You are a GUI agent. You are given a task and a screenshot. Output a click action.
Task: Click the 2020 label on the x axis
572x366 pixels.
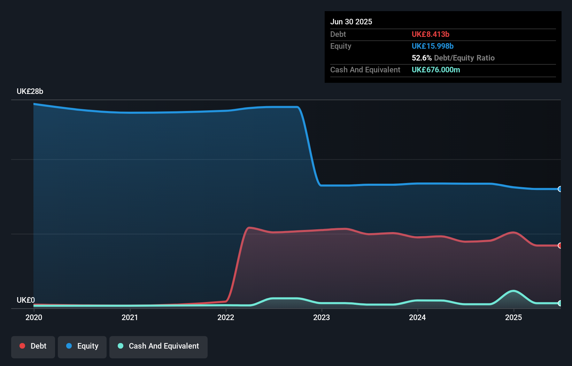click(34, 317)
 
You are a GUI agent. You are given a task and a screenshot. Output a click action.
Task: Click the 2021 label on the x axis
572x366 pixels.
click(130, 317)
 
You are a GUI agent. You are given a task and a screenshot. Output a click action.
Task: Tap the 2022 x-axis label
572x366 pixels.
click(226, 317)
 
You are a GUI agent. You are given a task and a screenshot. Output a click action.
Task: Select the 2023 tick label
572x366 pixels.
click(322, 317)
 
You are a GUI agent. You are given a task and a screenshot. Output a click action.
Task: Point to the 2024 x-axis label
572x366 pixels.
click(417, 317)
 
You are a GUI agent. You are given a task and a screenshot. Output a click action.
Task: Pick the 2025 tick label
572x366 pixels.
click(513, 317)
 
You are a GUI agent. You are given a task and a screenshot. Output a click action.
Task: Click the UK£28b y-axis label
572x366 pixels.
click(30, 91)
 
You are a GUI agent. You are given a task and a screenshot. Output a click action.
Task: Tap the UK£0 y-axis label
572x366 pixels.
click(26, 300)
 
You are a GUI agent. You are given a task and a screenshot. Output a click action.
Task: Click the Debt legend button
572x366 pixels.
click(33, 346)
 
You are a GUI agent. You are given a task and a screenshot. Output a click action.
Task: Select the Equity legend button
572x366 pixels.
click(82, 346)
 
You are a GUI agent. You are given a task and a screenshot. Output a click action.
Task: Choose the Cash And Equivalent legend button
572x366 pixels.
click(159, 346)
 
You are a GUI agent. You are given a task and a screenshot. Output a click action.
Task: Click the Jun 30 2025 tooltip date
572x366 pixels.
click(351, 22)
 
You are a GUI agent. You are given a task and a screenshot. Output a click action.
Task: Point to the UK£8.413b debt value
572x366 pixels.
click(430, 34)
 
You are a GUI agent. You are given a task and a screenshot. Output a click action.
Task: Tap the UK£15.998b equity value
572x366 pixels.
click(432, 46)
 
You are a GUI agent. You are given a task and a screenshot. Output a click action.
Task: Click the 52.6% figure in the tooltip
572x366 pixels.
click(422, 58)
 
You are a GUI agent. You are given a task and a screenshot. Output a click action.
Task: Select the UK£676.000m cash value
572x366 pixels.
click(435, 70)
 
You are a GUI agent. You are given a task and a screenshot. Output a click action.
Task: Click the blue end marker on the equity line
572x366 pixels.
click(560, 189)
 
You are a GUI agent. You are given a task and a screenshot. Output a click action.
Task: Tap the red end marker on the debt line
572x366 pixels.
click(560, 246)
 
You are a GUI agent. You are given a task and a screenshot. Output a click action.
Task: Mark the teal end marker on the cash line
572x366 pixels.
click(560, 303)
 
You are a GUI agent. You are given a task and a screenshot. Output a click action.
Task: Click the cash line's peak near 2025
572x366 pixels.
click(513, 291)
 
